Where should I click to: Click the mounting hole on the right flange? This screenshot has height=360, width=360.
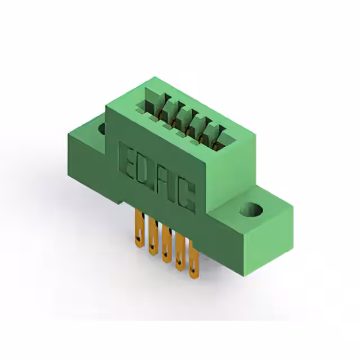point(251,210)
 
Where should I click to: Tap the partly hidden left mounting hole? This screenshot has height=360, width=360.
point(102,129)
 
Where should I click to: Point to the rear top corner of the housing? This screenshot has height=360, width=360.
point(151,77)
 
